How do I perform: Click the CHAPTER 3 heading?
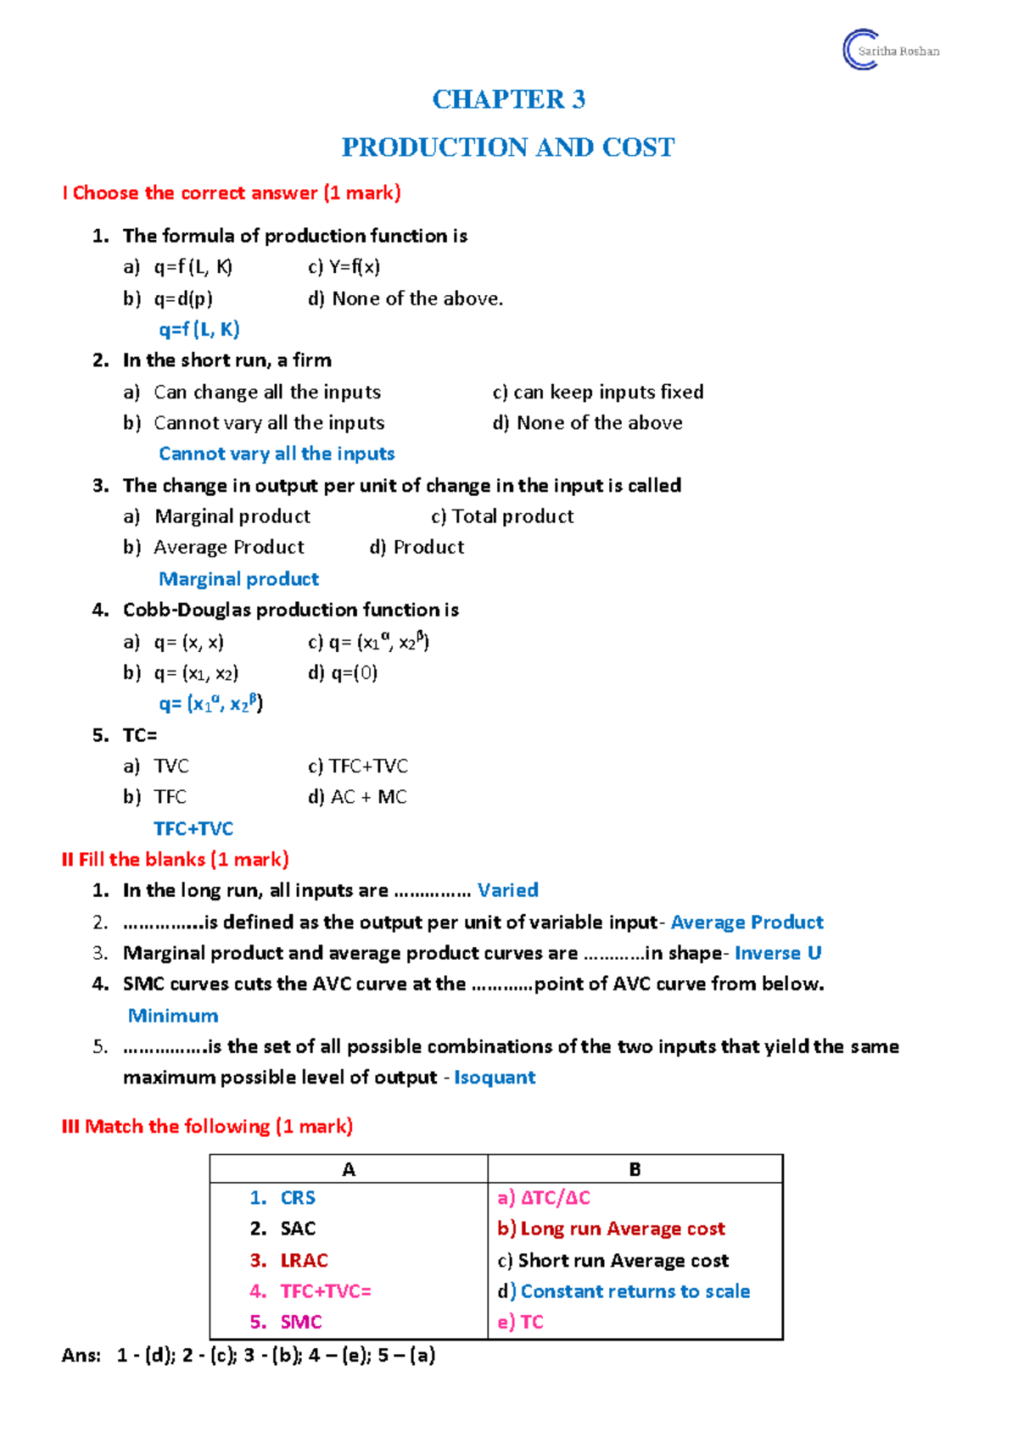(508, 99)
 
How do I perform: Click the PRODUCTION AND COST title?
(508, 148)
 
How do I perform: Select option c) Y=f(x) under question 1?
(344, 267)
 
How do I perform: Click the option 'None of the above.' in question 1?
(406, 298)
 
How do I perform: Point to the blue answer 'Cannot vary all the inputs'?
(277, 454)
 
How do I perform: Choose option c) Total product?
(502, 516)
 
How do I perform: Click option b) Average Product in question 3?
(214, 547)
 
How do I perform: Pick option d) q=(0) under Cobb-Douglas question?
(343, 672)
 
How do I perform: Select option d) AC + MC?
(357, 797)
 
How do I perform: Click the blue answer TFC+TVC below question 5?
(193, 828)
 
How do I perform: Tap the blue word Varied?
(507, 890)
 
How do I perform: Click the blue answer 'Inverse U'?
(777, 953)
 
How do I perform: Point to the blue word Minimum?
(173, 1016)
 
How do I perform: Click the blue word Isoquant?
(495, 1078)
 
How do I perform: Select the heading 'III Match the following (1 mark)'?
(207, 1127)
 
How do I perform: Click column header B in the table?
(635, 1169)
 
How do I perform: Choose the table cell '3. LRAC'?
(289, 1261)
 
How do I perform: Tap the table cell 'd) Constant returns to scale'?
(624, 1291)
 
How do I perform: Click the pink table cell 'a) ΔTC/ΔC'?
(544, 1198)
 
